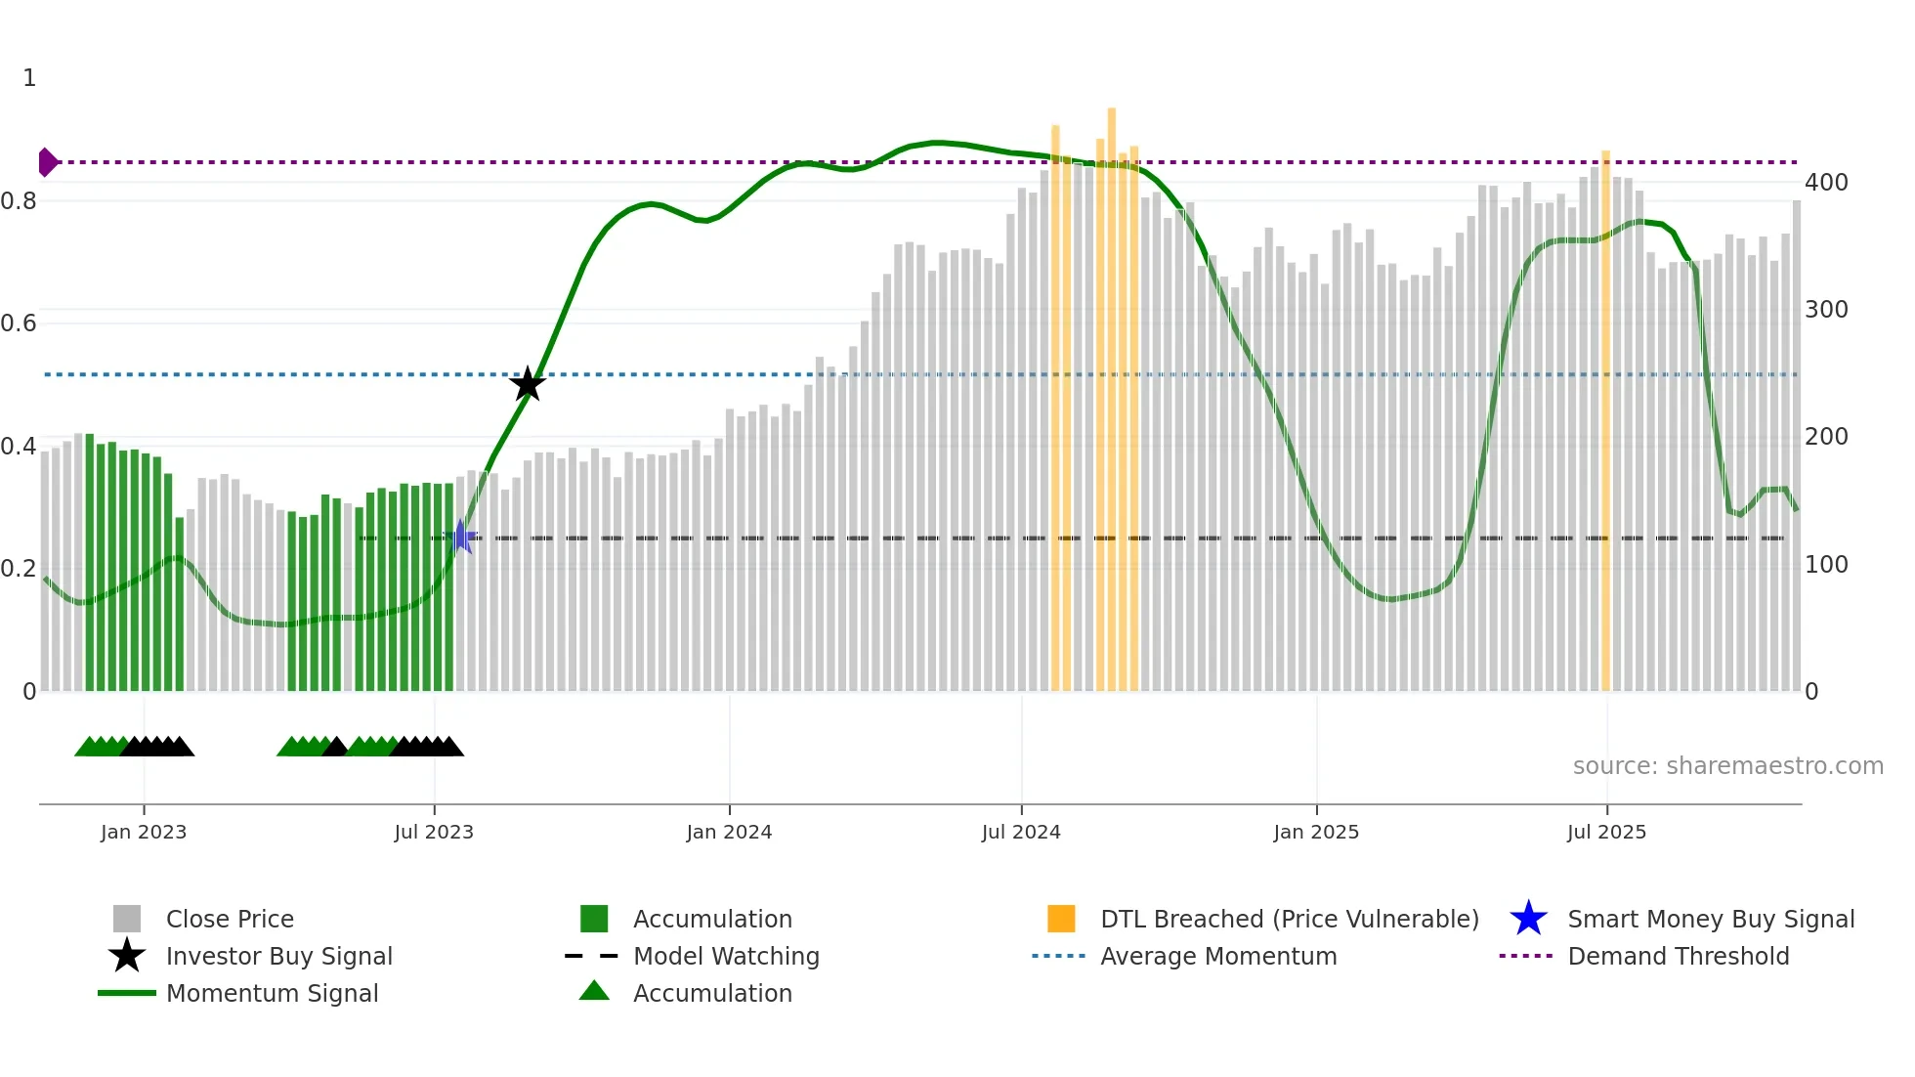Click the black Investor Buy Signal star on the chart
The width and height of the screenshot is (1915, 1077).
tap(528, 384)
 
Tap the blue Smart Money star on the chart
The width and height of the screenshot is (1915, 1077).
tap(460, 537)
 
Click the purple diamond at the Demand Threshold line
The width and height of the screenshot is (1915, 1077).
tap(47, 162)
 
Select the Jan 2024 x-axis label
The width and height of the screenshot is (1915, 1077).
tap(729, 832)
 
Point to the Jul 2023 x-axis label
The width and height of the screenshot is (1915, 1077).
tap(434, 832)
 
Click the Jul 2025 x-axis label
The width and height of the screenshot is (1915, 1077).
tap(1606, 832)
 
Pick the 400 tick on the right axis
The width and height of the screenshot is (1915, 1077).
tap(1826, 183)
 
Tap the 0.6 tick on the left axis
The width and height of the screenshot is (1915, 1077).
tap(19, 323)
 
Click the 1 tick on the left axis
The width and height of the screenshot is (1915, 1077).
tap(29, 78)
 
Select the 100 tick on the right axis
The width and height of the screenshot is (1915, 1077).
tap(1826, 565)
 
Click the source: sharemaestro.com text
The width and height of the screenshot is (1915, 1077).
tap(1727, 766)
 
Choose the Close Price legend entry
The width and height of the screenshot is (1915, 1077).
tap(230, 919)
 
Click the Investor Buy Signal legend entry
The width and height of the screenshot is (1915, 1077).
tap(278, 956)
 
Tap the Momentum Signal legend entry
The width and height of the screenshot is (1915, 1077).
tap(272, 993)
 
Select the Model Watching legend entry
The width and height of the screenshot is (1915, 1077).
tap(726, 956)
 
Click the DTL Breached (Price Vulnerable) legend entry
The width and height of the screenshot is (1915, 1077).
tap(1289, 919)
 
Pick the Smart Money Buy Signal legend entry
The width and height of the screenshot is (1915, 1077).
tap(1710, 919)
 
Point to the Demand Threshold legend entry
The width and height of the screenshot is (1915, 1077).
tap(1678, 956)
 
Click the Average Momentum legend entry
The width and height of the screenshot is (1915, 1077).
tap(1218, 956)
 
